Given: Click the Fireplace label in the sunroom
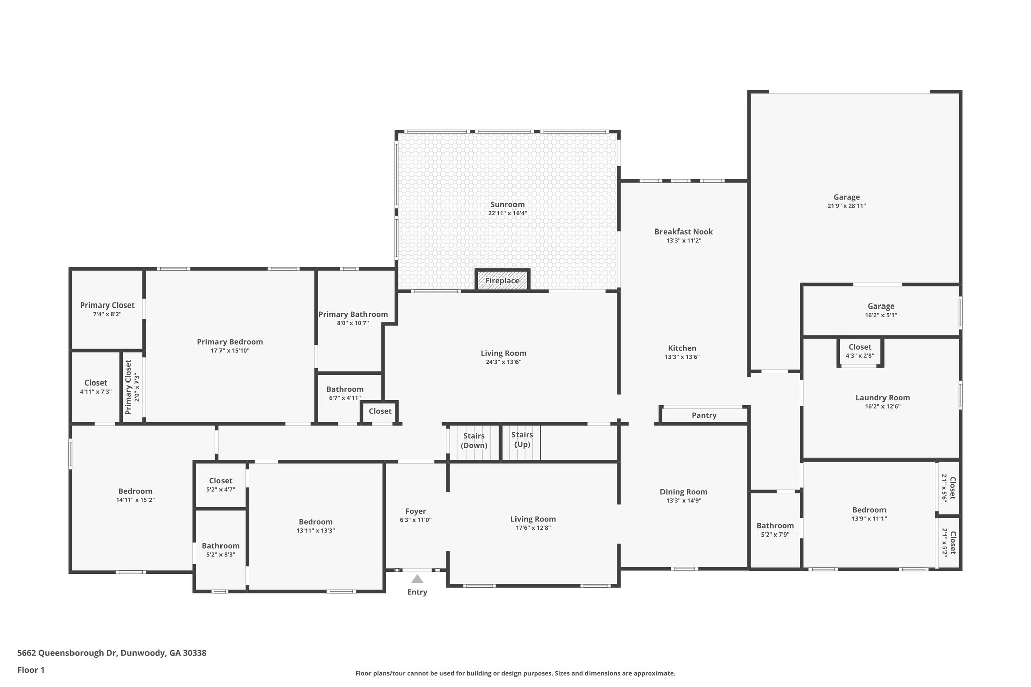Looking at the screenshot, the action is [502, 281].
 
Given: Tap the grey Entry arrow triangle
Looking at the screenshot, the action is [417, 579].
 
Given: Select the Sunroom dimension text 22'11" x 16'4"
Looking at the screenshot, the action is [507, 213].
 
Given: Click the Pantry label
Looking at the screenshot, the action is [704, 415].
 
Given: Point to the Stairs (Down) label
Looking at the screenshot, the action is [474, 441].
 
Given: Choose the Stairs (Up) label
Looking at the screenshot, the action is [522, 440].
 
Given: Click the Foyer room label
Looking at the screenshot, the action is [416, 511].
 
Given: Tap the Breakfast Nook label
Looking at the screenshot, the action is [684, 232].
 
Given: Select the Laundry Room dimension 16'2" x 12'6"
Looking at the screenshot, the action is [882, 406].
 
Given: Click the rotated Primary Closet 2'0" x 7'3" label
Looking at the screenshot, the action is [132, 387].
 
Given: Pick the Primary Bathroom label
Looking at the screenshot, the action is [353, 314].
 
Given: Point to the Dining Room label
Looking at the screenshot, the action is [684, 492].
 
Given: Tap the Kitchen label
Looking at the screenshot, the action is [682, 348].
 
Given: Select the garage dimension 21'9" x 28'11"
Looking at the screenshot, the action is [847, 206].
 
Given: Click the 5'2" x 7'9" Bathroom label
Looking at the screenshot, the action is [775, 530].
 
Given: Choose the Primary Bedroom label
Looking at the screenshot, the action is [230, 342].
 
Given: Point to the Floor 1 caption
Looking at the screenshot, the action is [31, 670].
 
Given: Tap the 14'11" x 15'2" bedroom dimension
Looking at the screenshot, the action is [135, 500].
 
